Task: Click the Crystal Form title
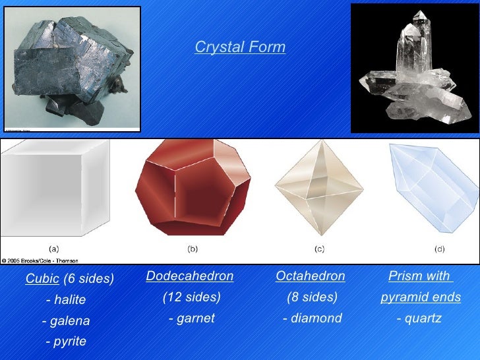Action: tap(240, 47)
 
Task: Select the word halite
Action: tap(69, 300)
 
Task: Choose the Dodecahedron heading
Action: tap(190, 275)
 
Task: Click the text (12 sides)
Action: tap(191, 297)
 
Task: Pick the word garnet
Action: tap(195, 318)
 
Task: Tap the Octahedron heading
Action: tap(310, 275)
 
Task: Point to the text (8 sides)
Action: tap(312, 297)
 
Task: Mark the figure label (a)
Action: tap(54, 249)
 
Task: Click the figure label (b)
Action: tap(193, 249)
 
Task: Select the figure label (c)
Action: tap(319, 249)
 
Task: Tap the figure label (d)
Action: tap(439, 249)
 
